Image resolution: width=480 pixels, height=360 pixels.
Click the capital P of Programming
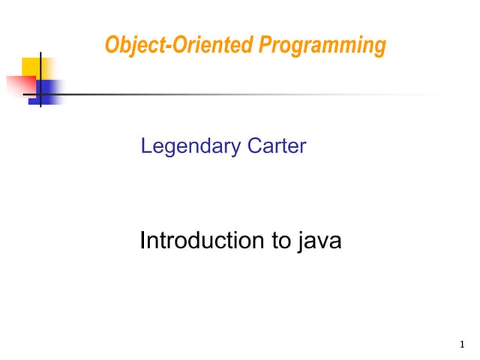(265, 46)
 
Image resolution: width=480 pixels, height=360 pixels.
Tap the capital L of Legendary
(146, 145)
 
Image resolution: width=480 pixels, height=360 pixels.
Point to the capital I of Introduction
(143, 241)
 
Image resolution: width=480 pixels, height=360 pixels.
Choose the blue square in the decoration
(49, 91)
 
